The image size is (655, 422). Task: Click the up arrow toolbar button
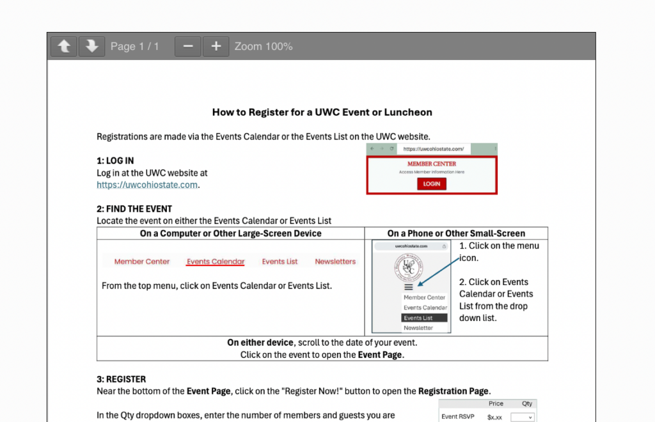coord(64,46)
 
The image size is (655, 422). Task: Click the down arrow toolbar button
coord(91,46)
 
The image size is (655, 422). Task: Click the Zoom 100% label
coord(264,46)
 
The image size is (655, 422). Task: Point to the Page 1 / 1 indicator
coord(134,46)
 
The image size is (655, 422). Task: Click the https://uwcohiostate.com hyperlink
coord(147,185)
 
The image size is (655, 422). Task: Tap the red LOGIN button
coord(432,184)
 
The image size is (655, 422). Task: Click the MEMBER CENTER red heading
coord(432,164)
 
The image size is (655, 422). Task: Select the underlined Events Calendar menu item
coord(216,262)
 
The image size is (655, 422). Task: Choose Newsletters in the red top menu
coord(335,262)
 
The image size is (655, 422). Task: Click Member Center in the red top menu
coord(142,262)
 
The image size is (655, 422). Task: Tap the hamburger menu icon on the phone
coord(409,287)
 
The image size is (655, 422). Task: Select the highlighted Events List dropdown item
coord(424,318)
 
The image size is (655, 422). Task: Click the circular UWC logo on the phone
coord(409,267)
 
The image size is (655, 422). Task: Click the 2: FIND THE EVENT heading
coord(134,208)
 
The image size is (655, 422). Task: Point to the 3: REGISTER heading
coord(121,379)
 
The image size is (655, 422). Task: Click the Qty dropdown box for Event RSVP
coord(522,417)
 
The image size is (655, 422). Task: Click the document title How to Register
coord(322,113)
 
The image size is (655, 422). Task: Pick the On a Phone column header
coord(456,233)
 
